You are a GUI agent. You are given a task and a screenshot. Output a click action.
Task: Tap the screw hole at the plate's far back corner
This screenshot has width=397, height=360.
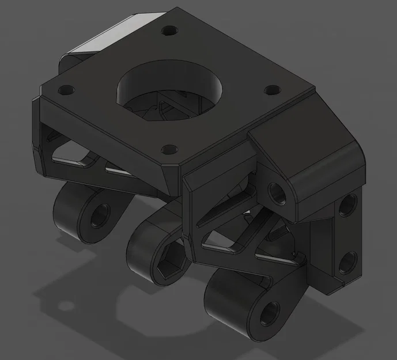[x=169, y=30]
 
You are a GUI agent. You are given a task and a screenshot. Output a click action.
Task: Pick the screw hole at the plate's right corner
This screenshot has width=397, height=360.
[x=271, y=90]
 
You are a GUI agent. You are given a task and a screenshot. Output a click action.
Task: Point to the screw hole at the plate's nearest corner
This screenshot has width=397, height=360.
[x=168, y=150]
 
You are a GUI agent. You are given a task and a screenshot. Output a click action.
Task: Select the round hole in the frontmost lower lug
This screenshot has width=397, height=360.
[x=269, y=314]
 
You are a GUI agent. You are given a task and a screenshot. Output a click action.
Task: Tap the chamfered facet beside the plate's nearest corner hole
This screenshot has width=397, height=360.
[x=173, y=176]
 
